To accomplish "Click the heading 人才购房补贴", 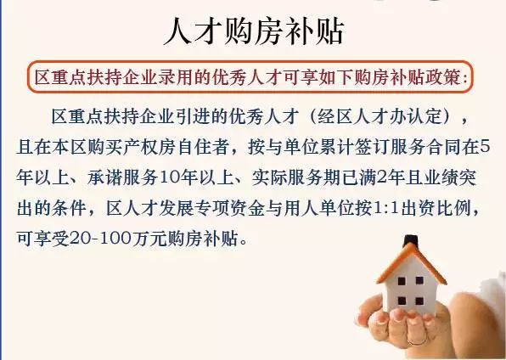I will [253, 32].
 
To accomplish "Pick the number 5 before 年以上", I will [485, 146].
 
